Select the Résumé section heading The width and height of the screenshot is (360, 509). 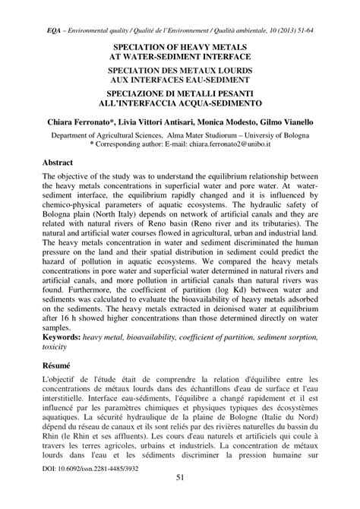click(59, 365)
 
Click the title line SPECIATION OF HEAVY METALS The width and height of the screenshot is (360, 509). click(180, 46)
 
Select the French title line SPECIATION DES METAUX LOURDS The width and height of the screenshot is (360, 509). click(180, 69)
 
